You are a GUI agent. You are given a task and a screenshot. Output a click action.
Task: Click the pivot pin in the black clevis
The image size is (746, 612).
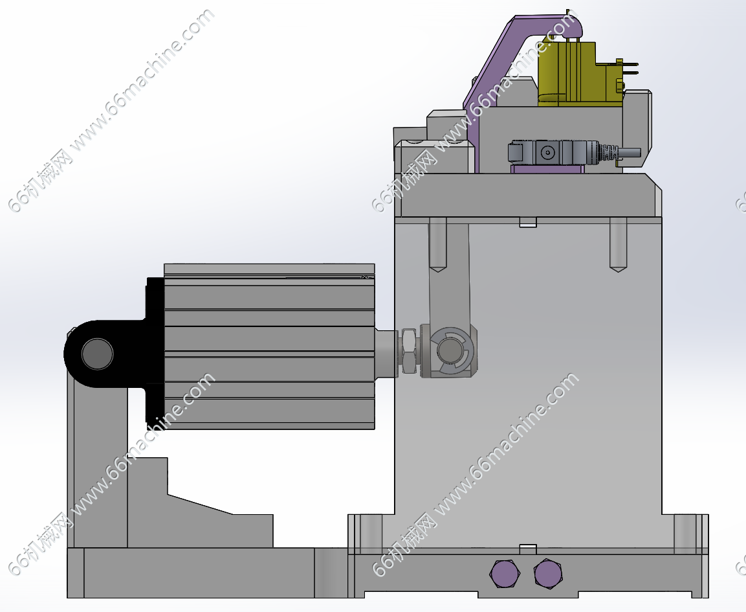coord(98,354)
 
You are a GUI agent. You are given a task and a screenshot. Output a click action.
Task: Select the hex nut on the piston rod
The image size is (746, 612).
coord(409,352)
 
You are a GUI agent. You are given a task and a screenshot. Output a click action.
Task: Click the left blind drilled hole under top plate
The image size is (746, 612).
coord(437,244)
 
